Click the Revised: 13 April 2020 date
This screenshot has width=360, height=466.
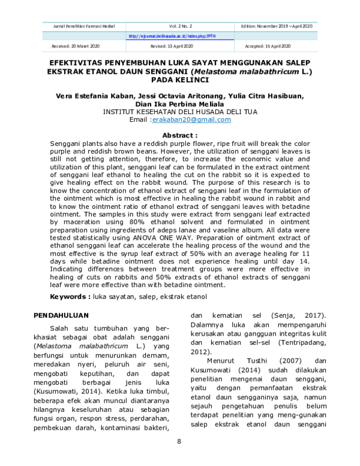click(x=172, y=46)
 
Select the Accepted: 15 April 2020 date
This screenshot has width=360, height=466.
click(x=268, y=46)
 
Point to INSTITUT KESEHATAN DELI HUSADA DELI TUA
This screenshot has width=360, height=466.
click(x=180, y=112)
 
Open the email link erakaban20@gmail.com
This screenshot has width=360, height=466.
click(x=191, y=120)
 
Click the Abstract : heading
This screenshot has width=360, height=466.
click(x=180, y=136)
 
